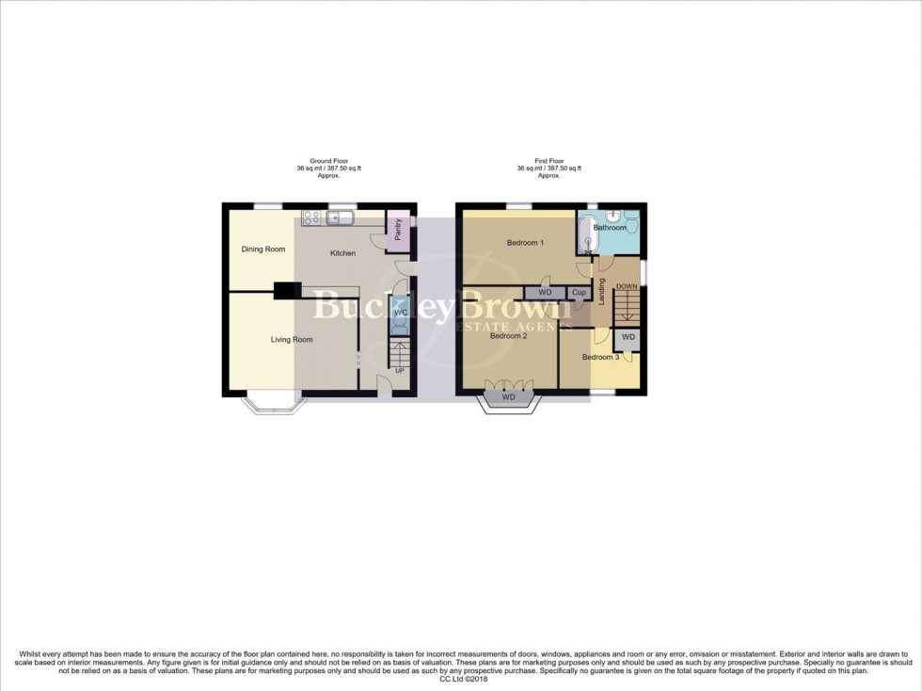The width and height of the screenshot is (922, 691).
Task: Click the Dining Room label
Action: click(x=262, y=249)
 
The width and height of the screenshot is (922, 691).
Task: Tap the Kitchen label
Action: click(x=342, y=254)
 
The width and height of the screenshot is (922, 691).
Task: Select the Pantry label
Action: click(x=398, y=231)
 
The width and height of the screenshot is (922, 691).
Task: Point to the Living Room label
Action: click(x=292, y=340)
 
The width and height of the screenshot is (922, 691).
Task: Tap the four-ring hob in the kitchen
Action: click(x=310, y=218)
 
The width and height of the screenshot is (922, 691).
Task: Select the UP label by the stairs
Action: click(x=400, y=371)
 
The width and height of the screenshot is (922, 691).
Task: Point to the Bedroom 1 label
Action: click(x=525, y=243)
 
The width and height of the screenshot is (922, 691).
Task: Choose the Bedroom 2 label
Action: click(x=509, y=336)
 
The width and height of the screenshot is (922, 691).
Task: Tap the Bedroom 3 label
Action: click(x=600, y=358)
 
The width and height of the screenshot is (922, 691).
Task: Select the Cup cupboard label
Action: click(x=579, y=293)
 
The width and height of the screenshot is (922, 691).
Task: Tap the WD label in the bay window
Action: click(x=509, y=397)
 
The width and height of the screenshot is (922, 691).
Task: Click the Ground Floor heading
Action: click(x=322, y=161)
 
